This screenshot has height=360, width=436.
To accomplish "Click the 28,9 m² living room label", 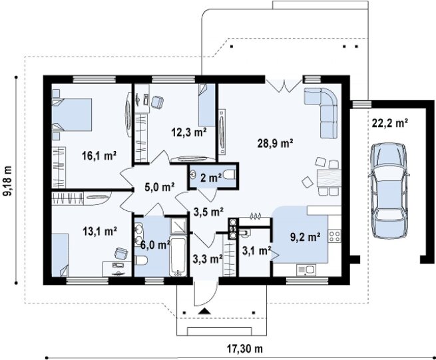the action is point(275,144).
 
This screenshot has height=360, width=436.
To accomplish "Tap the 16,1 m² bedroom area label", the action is point(99,156).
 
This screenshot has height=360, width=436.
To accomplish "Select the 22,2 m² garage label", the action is point(390,122).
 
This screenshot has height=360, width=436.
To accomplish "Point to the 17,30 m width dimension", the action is point(245,348).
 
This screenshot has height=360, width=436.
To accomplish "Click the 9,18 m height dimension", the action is point(9,181).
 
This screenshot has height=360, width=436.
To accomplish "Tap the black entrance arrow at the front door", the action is point(204,311).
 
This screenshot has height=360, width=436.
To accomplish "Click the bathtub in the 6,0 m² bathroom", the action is point(178,256).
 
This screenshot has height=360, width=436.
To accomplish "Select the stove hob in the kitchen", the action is point(335,236).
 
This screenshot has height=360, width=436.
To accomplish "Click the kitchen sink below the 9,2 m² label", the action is point(306,270).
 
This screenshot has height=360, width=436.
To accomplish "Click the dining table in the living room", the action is point(329,178).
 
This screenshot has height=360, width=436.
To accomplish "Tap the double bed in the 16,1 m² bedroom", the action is point(72,114).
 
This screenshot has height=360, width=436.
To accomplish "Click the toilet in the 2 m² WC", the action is point(230,175).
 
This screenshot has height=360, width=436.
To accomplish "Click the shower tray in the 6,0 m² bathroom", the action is point(178,226).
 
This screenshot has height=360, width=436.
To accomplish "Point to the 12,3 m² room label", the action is point(189,132).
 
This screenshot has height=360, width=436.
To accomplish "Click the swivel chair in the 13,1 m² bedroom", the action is point(121,254).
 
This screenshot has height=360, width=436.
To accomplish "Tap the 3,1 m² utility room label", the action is point(257,251).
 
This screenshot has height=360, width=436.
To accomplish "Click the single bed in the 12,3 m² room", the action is point(207,105).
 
